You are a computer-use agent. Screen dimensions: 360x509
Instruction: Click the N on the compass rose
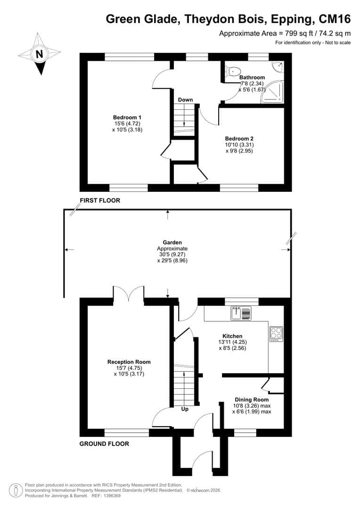click(39, 54)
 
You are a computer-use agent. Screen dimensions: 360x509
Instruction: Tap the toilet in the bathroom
click(234, 71)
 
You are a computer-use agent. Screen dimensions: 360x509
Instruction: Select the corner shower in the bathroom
click(273, 92)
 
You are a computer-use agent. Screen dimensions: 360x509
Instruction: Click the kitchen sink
click(241, 313)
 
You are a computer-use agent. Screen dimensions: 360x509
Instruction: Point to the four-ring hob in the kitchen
click(276, 334)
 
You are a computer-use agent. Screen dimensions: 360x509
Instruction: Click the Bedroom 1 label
click(127, 117)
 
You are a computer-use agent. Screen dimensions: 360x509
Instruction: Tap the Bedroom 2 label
click(239, 139)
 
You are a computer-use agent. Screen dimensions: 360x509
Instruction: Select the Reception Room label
click(129, 362)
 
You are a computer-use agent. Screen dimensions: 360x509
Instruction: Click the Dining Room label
click(252, 400)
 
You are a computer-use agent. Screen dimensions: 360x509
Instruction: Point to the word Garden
click(172, 243)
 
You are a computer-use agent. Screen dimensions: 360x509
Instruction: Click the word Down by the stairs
click(185, 99)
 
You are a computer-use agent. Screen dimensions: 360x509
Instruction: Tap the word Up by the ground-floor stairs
click(185, 409)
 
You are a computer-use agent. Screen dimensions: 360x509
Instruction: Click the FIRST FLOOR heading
click(100, 201)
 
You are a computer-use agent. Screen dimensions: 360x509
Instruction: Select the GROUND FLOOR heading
click(104, 444)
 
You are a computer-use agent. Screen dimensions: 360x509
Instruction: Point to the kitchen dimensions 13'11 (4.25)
click(232, 342)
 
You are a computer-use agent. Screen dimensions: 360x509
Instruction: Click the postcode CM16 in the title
click(335, 19)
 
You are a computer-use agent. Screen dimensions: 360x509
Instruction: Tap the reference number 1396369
click(111, 496)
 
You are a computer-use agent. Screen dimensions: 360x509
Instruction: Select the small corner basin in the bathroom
click(278, 66)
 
